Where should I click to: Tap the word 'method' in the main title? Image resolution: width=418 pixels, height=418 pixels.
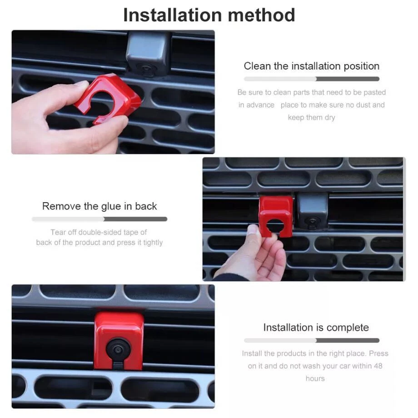pos(261,15)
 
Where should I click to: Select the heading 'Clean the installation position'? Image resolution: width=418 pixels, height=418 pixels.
pos(311,66)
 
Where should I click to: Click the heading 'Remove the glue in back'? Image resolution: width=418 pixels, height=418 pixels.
pos(100,206)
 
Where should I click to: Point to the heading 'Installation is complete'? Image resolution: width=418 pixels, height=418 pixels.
pos(316,328)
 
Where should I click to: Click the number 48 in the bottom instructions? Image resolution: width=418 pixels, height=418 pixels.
pos(378,366)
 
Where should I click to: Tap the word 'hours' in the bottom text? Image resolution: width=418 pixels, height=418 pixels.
pos(315,378)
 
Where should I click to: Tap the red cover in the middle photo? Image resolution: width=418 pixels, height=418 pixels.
pos(275,216)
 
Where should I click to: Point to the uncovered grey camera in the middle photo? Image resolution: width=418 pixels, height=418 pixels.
pos(313,211)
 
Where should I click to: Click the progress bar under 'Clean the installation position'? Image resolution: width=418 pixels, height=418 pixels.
pos(311,79)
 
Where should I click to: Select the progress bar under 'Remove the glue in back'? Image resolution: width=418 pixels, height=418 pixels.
pos(100,219)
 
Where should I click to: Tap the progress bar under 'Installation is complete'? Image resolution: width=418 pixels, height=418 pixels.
pos(311,340)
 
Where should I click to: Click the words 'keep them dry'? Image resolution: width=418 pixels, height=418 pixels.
pos(311,117)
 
